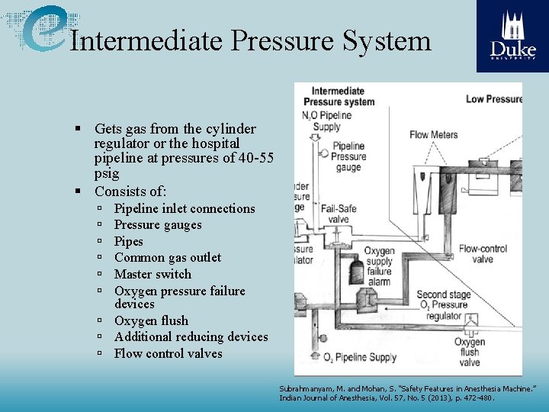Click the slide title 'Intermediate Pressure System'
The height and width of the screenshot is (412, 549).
pyautogui.click(x=249, y=40)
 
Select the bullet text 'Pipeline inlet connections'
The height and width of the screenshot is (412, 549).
pyautogui.click(x=185, y=208)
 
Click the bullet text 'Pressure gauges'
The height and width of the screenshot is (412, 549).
pyautogui.click(x=158, y=225)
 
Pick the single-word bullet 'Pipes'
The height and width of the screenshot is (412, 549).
pyautogui.click(x=129, y=241)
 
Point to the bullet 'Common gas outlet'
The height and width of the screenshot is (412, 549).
pyautogui.click(x=168, y=258)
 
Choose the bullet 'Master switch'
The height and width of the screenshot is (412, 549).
pyautogui.click(x=152, y=274)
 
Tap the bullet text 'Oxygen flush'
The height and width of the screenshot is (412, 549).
pyautogui.click(x=151, y=320)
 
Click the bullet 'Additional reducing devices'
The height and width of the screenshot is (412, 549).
pyautogui.click(x=191, y=336)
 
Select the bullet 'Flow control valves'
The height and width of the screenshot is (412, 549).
pyautogui.click(x=169, y=353)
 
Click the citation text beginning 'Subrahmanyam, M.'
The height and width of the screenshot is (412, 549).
pyautogui.click(x=407, y=393)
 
